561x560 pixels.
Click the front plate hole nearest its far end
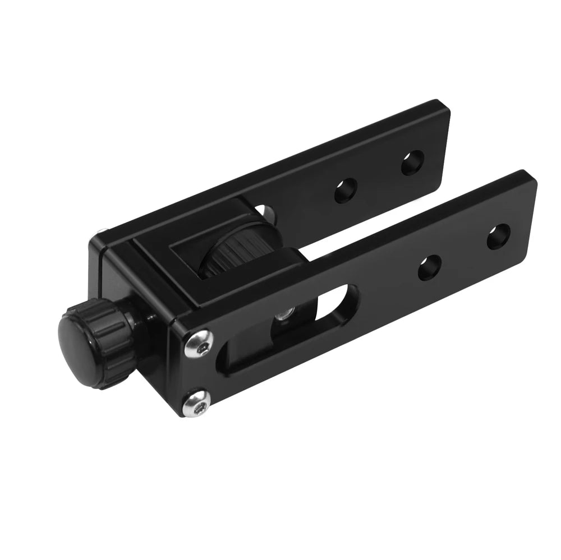(x=498, y=236)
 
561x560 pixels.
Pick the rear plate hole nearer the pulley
(x=346, y=191)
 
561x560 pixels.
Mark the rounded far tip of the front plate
(x=530, y=185)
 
